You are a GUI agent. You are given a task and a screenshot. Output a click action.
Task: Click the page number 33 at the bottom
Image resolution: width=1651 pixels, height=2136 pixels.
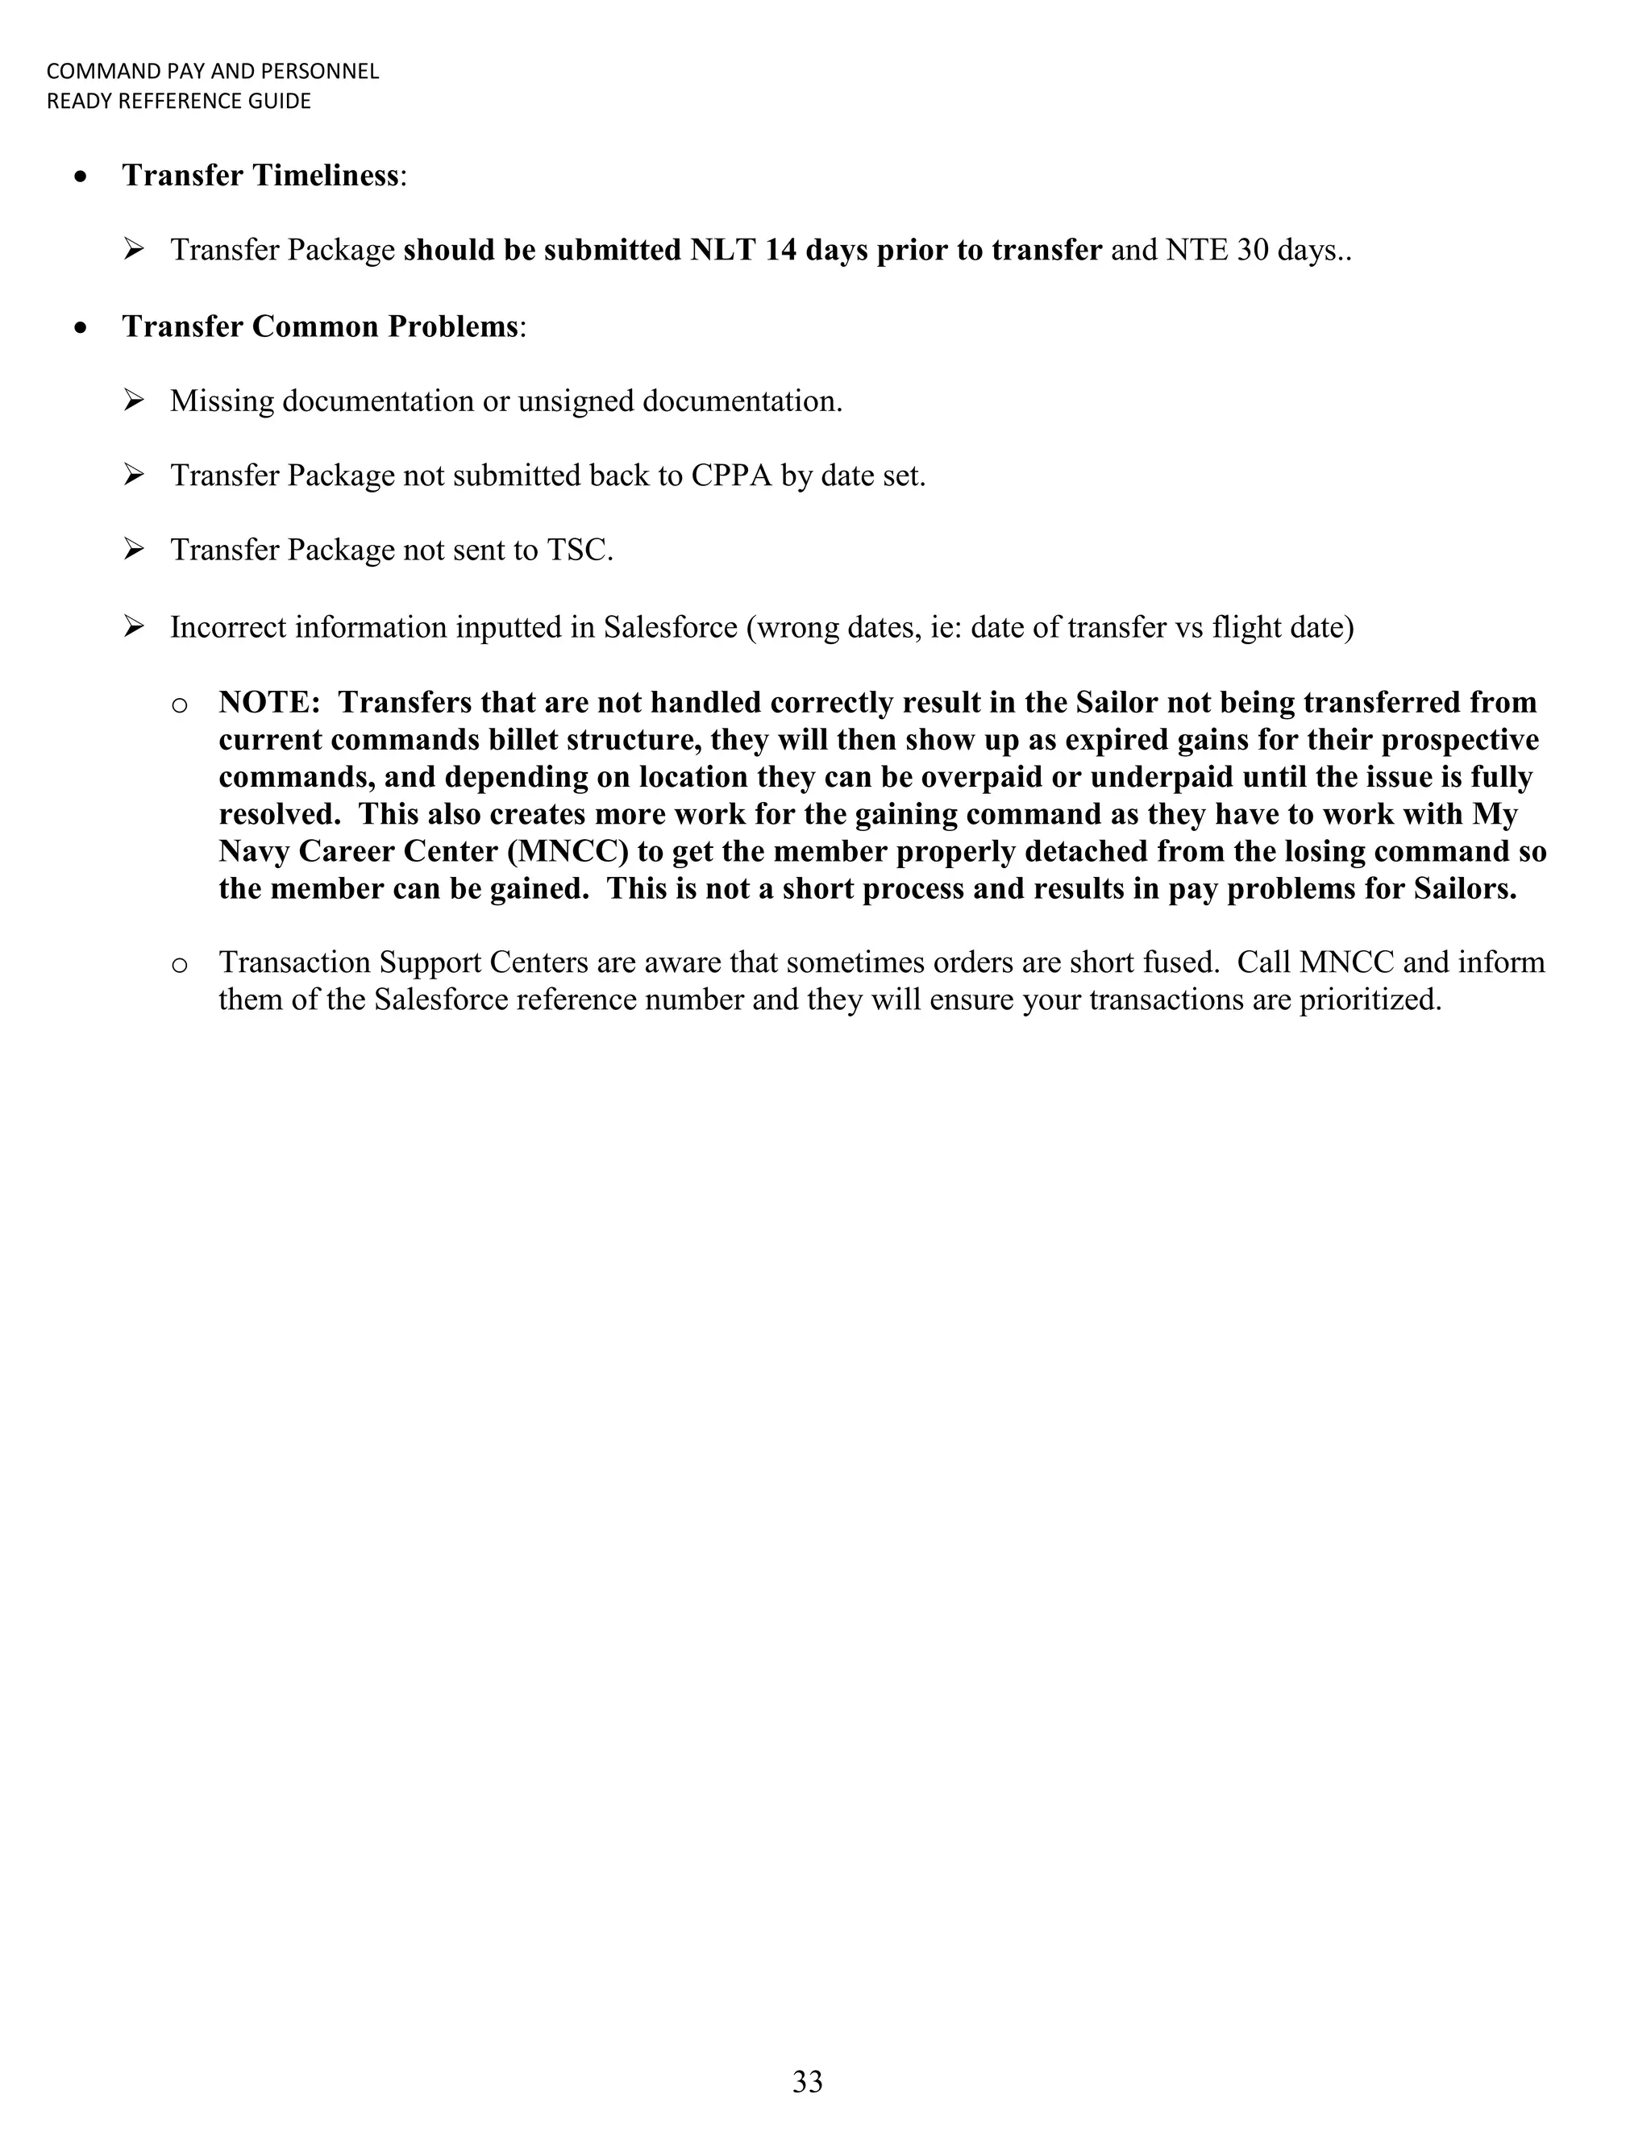(807, 2081)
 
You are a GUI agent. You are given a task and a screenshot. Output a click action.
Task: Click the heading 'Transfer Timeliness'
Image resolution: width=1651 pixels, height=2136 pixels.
(260, 175)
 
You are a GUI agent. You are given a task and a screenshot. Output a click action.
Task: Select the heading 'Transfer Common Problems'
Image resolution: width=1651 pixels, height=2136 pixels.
(319, 326)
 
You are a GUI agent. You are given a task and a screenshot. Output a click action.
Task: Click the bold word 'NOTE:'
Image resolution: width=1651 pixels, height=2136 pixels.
(270, 702)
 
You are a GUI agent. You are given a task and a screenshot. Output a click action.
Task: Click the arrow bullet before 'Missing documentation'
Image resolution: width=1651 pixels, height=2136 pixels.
(134, 400)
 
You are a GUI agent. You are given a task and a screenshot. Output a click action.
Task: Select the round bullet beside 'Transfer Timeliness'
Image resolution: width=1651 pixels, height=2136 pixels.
(82, 177)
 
